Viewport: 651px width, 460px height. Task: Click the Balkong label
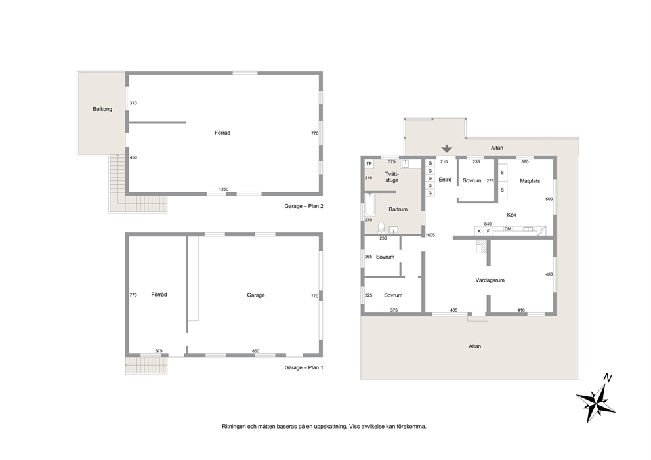pos(102,109)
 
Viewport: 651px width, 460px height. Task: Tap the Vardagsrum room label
pos(490,280)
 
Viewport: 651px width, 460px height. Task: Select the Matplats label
pos(530,181)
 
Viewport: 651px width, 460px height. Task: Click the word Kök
pos(511,215)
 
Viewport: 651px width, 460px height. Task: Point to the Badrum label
pos(398,209)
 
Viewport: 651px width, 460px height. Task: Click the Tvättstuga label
pos(392,177)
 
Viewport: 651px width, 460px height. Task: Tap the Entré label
pos(445,180)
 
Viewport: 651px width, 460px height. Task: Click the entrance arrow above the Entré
pos(446,148)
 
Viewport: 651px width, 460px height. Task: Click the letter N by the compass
pos(608,378)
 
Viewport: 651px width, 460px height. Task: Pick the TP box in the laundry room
pos(369,164)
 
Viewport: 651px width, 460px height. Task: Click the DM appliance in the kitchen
pos(508,229)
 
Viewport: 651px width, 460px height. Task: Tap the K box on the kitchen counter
pos(479,231)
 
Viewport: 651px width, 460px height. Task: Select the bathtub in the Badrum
pos(370,205)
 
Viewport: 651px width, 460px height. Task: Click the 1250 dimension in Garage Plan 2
pos(223,189)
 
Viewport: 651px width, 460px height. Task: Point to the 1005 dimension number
pos(430,235)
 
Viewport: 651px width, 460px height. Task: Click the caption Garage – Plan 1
pos(303,367)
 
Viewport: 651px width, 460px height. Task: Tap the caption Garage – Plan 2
pos(303,206)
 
